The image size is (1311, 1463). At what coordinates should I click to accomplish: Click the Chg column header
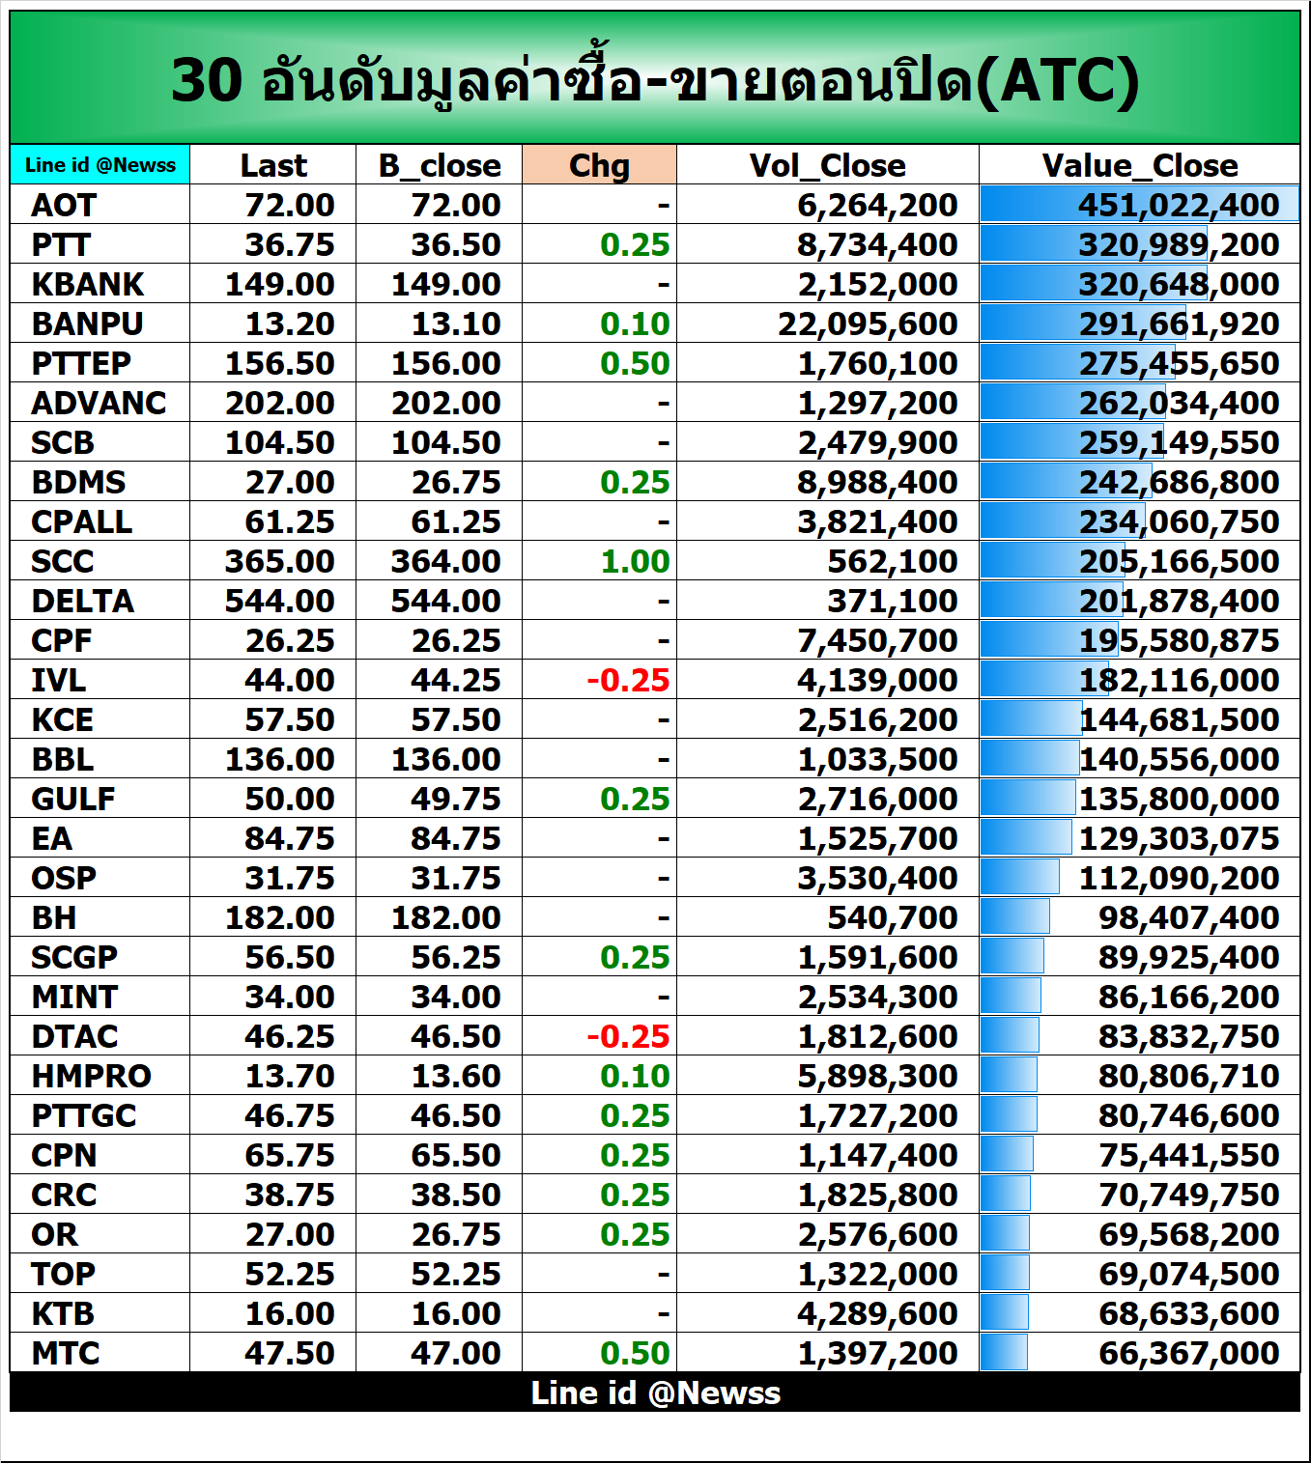pyautogui.click(x=599, y=165)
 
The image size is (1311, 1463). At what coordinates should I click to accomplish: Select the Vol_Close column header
pyautogui.click(x=827, y=165)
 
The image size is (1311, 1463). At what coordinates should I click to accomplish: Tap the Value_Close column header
pyautogui.click(x=1139, y=165)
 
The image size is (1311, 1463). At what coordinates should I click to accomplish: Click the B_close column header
pyautogui.click(x=440, y=165)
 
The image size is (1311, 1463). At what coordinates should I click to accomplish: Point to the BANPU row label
pyautogui.click(x=87, y=324)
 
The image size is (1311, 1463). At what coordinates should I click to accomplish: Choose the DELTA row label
pyautogui.click(x=83, y=601)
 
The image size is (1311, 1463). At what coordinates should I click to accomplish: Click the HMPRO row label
pyautogui.click(x=91, y=1076)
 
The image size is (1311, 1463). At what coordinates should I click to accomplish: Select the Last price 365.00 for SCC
pyautogui.click(x=279, y=561)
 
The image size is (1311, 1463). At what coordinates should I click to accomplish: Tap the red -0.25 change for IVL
pyautogui.click(x=628, y=680)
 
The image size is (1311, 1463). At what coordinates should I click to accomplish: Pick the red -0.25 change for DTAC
pyautogui.click(x=628, y=1036)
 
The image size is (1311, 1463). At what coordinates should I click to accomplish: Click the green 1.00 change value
pyautogui.click(x=635, y=561)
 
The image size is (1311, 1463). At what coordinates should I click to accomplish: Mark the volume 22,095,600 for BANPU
pyautogui.click(x=868, y=324)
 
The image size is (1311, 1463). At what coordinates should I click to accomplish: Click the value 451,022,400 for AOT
pyautogui.click(x=1179, y=205)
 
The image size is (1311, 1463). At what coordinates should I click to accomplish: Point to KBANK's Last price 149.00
pyautogui.click(x=279, y=284)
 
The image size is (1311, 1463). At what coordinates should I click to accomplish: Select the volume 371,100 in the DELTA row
pyautogui.click(x=892, y=601)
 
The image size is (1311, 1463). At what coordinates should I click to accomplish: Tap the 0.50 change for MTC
pyautogui.click(x=635, y=1353)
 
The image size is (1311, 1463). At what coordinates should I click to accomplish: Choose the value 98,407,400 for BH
pyautogui.click(x=1188, y=917)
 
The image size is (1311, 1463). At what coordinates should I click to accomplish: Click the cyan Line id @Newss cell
pyautogui.click(x=100, y=165)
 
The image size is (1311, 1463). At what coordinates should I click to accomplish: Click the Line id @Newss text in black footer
pyautogui.click(x=655, y=1393)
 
